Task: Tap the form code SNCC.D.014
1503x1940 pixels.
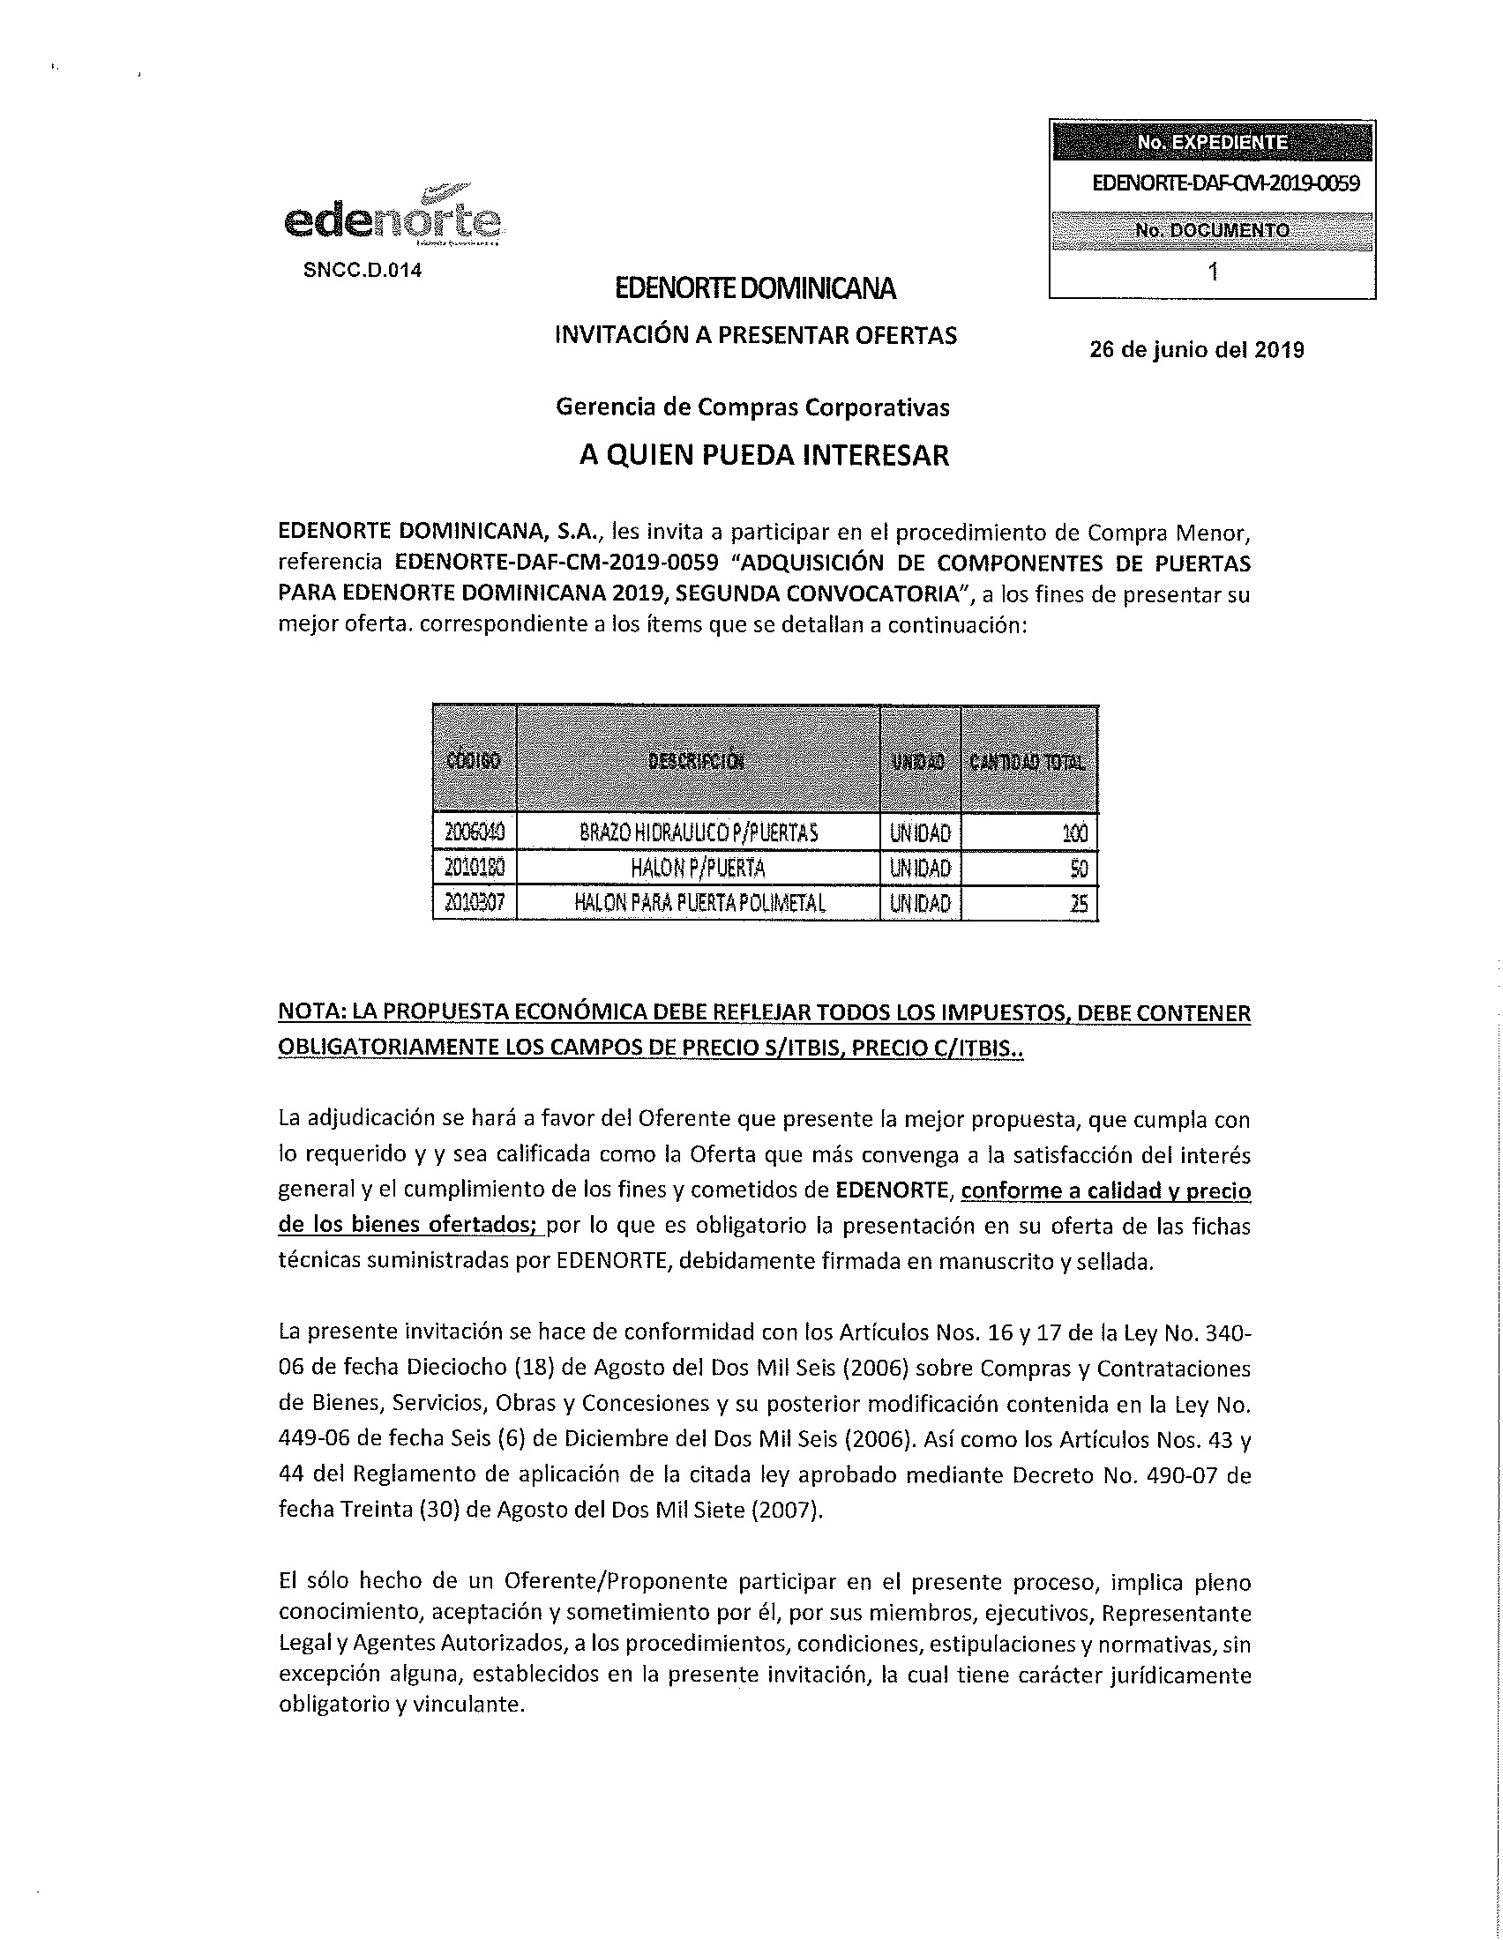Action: click(x=363, y=270)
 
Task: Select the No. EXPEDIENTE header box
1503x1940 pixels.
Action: click(x=1212, y=142)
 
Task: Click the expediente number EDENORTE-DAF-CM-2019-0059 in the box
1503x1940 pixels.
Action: click(x=1225, y=183)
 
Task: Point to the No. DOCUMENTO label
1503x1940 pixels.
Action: click(x=1212, y=230)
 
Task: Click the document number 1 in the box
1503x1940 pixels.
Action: click(x=1213, y=272)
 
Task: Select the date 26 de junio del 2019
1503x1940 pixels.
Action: click(x=1197, y=350)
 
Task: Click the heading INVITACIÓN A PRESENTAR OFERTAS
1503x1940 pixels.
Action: click(x=756, y=335)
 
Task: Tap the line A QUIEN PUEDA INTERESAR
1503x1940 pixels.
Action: click(x=764, y=456)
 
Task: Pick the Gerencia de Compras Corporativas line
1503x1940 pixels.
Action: click(x=752, y=407)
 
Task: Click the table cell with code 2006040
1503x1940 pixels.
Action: click(x=475, y=832)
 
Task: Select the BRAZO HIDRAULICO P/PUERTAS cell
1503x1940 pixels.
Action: click(x=699, y=832)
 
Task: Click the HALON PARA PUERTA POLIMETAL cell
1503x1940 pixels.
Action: click(x=700, y=903)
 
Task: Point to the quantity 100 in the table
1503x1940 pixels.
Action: click(x=1074, y=833)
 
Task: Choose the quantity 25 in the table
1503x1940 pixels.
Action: click(x=1079, y=904)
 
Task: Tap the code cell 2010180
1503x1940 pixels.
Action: click(x=475, y=868)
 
